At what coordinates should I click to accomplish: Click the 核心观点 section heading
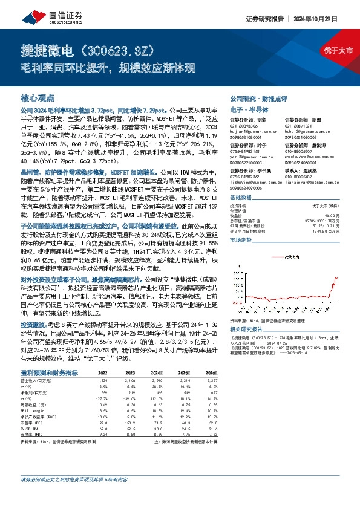point(38,97)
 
